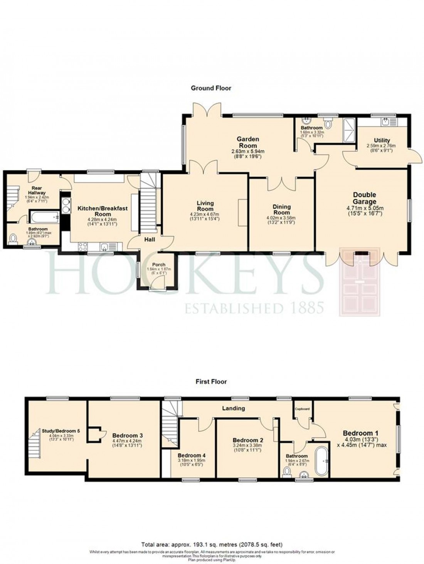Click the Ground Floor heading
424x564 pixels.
(211, 88)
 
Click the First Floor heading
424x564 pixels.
(211, 382)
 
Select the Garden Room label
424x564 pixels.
(248, 142)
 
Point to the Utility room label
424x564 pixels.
(382, 140)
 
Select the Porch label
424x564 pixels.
(159, 265)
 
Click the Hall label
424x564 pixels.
(150, 240)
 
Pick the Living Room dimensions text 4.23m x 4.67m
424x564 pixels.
(205, 214)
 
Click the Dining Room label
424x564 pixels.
(281, 210)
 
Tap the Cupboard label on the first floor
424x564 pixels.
(303, 409)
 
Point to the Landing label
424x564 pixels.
(234, 408)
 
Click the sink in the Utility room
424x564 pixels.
(387, 122)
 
